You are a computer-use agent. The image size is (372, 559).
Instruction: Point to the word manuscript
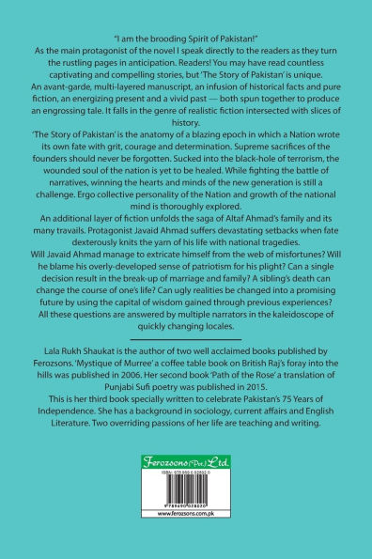176,84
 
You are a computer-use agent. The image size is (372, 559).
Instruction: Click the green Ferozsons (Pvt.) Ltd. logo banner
185,488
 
